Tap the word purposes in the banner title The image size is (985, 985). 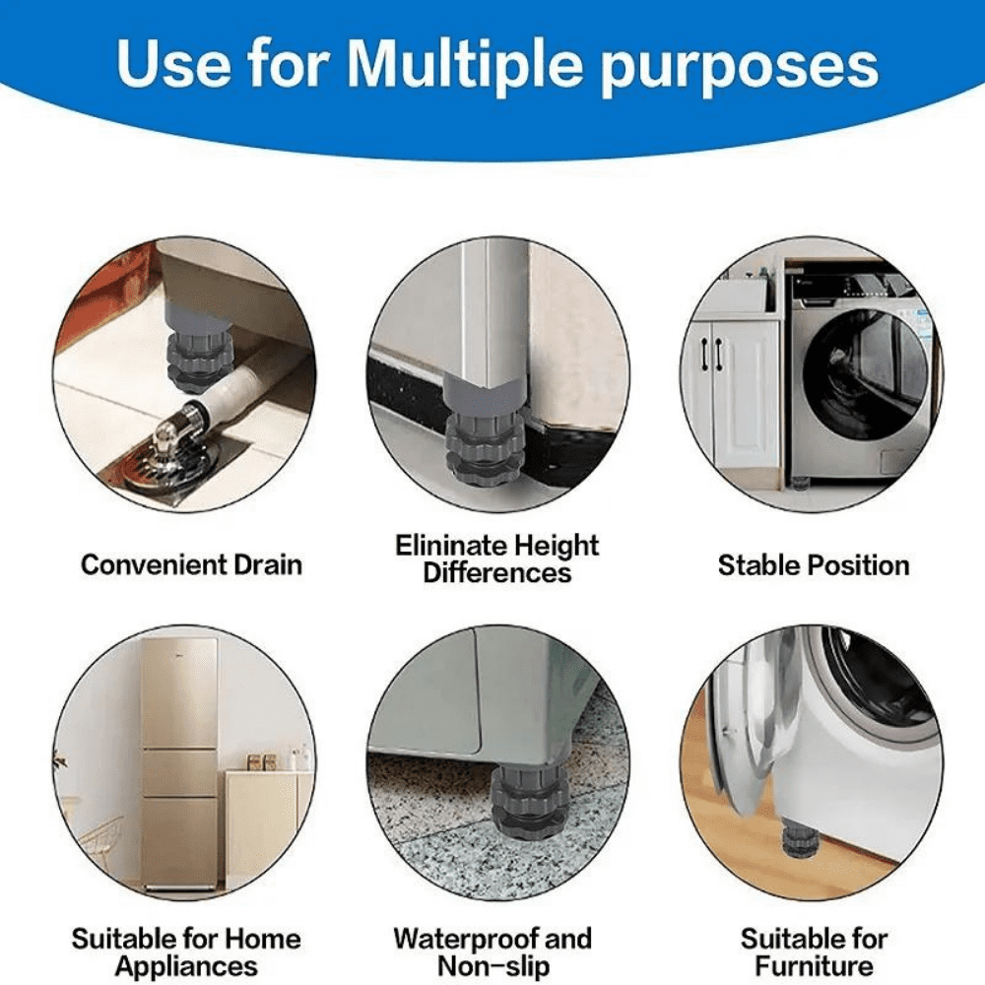(740, 67)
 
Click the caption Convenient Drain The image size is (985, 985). (191, 565)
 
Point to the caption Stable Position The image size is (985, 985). (813, 565)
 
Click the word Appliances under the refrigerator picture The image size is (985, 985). (186, 966)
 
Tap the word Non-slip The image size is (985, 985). (492, 966)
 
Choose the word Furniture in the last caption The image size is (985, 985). (814, 966)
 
